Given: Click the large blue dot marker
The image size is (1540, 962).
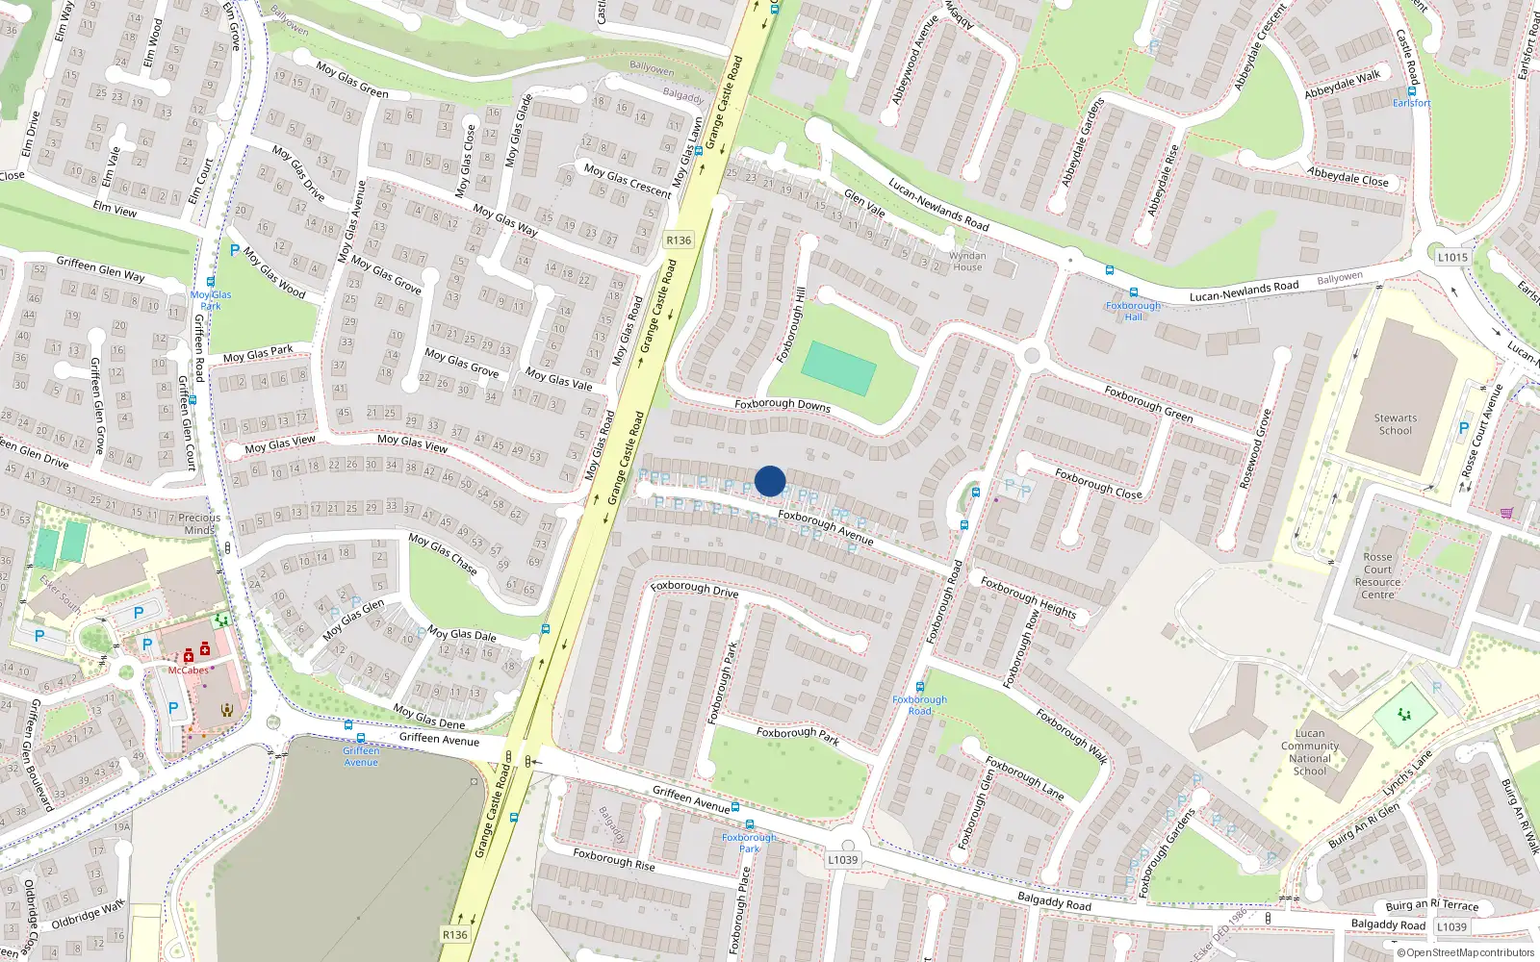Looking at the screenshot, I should tap(770, 481).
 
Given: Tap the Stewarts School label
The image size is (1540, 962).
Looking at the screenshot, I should tap(1395, 424).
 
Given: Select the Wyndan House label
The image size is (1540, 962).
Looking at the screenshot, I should tap(967, 262).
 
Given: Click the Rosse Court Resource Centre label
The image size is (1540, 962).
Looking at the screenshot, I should tap(1377, 575).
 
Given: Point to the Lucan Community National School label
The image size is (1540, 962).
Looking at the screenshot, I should tap(1309, 751).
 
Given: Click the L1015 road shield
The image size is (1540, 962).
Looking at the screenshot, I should tap(1452, 257).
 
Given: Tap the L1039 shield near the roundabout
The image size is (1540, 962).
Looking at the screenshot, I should tap(842, 860).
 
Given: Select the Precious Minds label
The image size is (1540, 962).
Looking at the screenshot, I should tap(199, 523).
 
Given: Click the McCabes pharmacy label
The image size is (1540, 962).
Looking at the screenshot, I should tap(188, 671).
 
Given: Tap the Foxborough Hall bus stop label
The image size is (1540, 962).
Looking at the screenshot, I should tap(1133, 311).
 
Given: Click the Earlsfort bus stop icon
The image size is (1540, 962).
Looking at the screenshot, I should tap(1412, 91).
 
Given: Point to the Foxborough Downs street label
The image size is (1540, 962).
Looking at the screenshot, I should tap(782, 405).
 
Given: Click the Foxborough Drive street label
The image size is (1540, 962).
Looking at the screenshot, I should tap(694, 588).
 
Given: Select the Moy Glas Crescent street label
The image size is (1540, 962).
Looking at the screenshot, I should tap(628, 181).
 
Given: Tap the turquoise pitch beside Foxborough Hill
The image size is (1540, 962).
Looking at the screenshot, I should tap(838, 367).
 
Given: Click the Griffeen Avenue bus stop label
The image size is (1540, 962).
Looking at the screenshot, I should tap(361, 756).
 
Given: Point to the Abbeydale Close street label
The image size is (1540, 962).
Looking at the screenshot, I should tap(1347, 177).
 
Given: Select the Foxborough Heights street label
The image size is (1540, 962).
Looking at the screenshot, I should tap(1028, 596).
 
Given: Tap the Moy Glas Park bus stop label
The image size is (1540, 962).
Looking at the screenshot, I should tap(211, 300).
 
